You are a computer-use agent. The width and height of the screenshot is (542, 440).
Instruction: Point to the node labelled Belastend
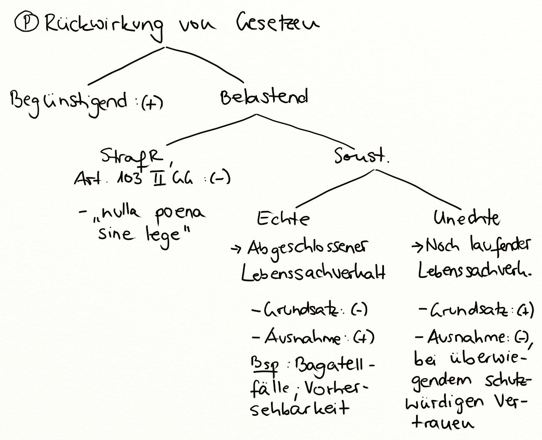264,97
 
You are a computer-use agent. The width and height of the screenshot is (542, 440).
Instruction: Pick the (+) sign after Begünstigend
151,103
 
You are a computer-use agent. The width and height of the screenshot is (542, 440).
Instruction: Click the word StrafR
132,156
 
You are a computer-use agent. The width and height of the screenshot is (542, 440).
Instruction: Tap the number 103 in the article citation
130,179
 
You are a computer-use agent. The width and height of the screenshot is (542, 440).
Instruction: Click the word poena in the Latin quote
180,214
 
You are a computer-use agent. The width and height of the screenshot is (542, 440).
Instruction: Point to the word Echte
283,219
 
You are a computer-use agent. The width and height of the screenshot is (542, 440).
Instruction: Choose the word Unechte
466,218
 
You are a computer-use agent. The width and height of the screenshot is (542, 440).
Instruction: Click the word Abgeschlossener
308,249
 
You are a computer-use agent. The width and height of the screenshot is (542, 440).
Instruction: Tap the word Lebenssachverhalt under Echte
313,273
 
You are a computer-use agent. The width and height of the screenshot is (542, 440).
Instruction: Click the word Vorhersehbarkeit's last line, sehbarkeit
299,408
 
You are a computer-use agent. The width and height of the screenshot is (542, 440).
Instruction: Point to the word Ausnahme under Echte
302,337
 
